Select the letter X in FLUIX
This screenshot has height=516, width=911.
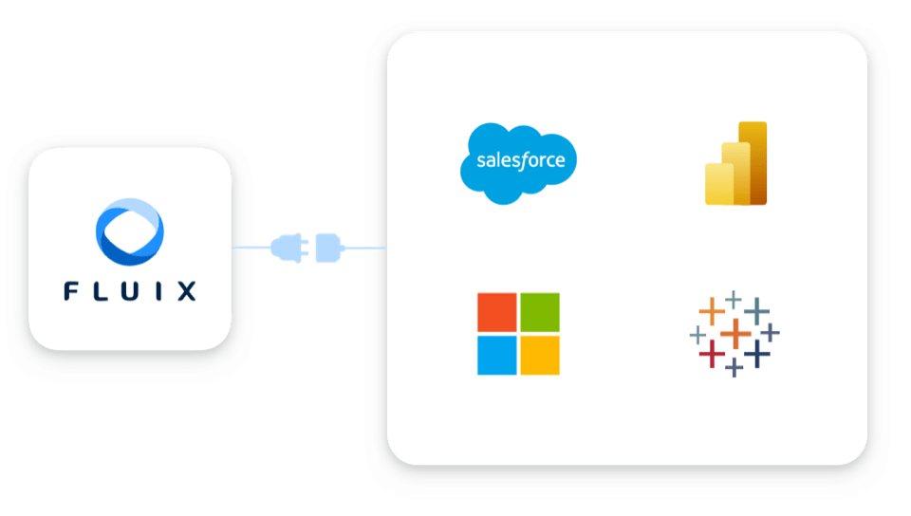click(x=187, y=291)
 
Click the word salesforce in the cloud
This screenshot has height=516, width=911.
click(x=519, y=160)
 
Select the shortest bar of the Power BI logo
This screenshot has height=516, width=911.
click(x=716, y=185)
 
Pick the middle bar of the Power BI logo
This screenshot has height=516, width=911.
click(x=734, y=174)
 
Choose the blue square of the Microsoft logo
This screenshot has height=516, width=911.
click(x=496, y=355)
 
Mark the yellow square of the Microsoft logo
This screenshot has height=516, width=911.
click(x=540, y=355)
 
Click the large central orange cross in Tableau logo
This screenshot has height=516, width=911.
click(x=735, y=333)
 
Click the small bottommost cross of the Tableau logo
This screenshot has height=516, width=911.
click(x=734, y=367)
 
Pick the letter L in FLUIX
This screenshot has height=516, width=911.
click(x=102, y=291)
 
